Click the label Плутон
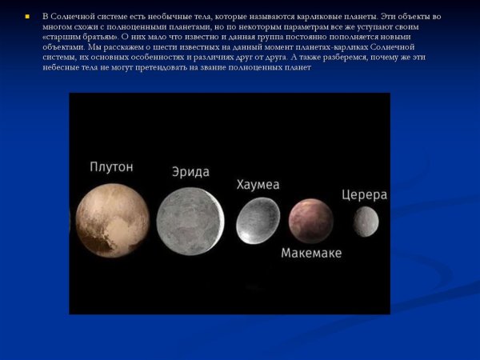111,167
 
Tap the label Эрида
190,172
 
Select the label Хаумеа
258,185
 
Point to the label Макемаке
311,253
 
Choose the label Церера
364,194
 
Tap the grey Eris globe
190,218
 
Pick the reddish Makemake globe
311,221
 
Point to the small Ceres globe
366,222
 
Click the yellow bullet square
26,16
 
